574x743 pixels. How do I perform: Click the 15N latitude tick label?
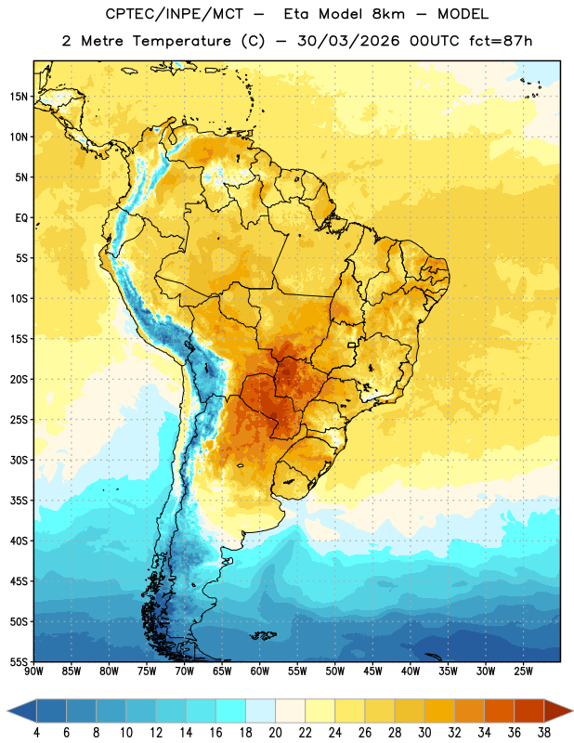(x=19, y=97)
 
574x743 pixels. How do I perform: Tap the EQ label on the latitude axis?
(x=21, y=218)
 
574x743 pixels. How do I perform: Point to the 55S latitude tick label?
(x=19, y=662)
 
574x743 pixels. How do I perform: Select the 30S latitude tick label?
(x=19, y=460)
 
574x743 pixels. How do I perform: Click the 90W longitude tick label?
(x=34, y=671)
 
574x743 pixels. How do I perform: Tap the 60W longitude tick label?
(x=260, y=671)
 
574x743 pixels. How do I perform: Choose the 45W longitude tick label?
(x=372, y=671)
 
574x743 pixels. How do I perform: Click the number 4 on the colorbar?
(x=36, y=733)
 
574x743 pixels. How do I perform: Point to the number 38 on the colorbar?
(x=544, y=733)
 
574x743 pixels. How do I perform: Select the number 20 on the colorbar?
(x=275, y=733)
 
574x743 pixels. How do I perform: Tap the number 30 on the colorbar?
(x=424, y=733)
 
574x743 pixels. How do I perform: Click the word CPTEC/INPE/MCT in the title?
(x=175, y=15)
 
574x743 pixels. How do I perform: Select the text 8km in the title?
(x=388, y=14)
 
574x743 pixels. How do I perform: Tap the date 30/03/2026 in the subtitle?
(x=348, y=41)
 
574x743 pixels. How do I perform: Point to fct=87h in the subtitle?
(x=501, y=41)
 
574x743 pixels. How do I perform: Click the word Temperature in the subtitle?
(x=181, y=42)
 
